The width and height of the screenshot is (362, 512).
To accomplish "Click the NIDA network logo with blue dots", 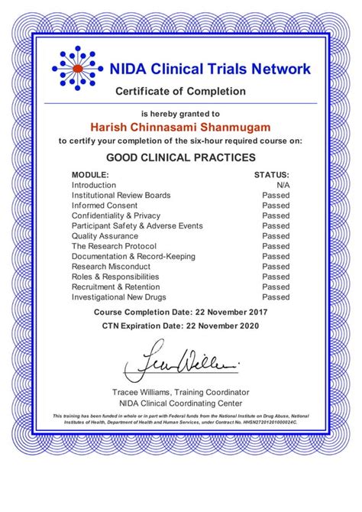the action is (x=76, y=70).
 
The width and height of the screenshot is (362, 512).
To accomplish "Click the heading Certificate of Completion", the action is (x=181, y=92).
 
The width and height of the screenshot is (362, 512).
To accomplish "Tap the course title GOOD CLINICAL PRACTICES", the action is (x=181, y=157).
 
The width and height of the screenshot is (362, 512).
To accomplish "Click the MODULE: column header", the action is (x=90, y=175).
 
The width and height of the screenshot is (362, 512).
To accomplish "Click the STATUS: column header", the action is (x=272, y=175).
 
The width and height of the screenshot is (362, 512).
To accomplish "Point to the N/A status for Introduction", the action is (x=283, y=185).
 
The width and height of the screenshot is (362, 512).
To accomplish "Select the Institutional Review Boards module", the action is (x=121, y=196).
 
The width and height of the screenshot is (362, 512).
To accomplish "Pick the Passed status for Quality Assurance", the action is (x=276, y=236).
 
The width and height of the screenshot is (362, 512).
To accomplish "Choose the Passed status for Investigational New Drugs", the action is (x=276, y=297).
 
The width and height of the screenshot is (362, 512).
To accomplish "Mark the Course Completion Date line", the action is (x=181, y=313).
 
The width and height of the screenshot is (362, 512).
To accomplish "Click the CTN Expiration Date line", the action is (x=181, y=326).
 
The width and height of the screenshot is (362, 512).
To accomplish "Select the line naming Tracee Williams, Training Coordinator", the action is (x=181, y=391).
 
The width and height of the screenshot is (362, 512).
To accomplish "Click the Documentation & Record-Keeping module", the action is (x=134, y=257).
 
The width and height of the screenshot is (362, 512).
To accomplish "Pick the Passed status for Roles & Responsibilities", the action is (x=276, y=277).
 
